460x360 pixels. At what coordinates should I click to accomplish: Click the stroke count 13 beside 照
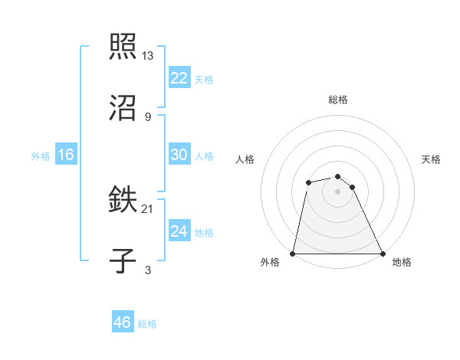click(x=148, y=55)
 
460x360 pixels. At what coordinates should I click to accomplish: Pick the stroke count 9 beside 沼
click(x=148, y=116)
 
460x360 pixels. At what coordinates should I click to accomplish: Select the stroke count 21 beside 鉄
click(x=148, y=208)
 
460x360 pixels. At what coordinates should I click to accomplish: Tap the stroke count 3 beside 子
click(x=148, y=270)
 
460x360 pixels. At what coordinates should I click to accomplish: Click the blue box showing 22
click(x=179, y=78)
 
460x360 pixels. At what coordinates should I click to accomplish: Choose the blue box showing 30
click(x=179, y=155)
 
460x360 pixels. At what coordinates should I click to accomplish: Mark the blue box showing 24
click(x=179, y=231)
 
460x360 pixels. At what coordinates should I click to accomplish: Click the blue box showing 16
click(x=66, y=155)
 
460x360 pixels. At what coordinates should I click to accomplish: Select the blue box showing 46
click(x=123, y=322)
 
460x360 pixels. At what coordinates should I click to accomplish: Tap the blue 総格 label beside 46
click(x=147, y=324)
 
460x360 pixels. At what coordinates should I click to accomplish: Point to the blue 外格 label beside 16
click(x=41, y=156)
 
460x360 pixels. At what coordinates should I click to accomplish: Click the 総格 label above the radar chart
click(x=338, y=100)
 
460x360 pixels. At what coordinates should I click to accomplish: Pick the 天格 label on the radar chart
click(x=431, y=159)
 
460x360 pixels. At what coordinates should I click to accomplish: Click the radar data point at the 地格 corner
click(x=383, y=254)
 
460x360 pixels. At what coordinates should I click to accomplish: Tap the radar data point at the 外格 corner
click(x=293, y=254)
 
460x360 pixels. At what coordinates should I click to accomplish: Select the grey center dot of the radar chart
click(x=338, y=191)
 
